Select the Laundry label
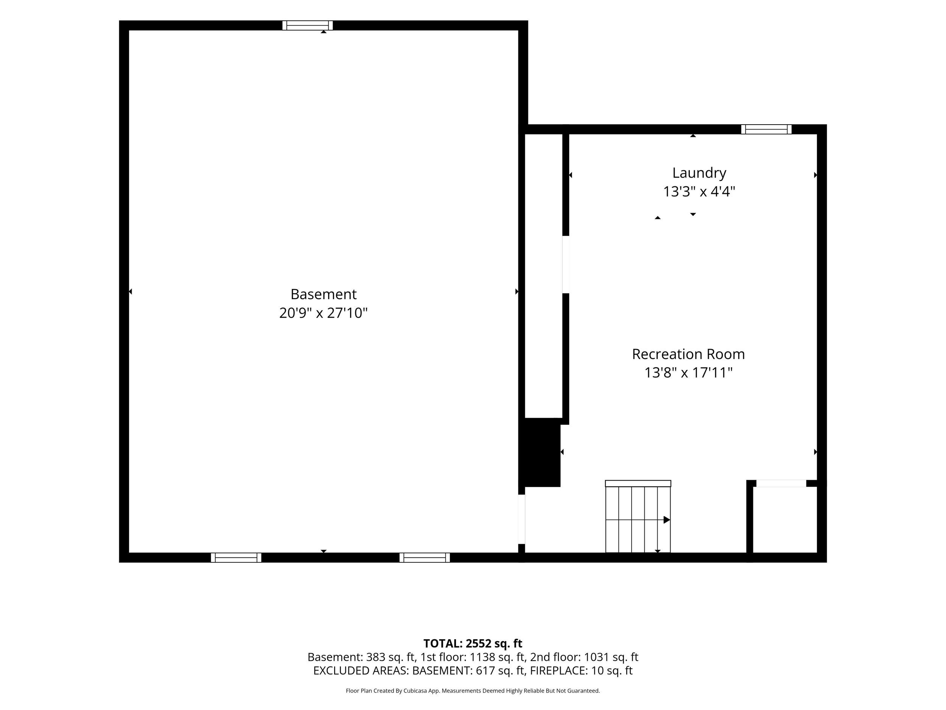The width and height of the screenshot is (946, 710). point(699,173)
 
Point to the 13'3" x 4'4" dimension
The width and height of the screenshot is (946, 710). point(699,191)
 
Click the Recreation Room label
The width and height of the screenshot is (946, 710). point(689,354)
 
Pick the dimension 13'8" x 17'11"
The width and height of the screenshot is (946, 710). point(689,373)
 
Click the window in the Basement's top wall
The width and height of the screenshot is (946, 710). point(308,25)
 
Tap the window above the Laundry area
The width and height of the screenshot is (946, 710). point(766,129)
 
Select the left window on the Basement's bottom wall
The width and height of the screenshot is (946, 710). point(236,557)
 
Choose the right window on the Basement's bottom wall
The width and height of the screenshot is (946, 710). point(425,557)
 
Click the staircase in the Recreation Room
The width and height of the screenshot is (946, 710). point(638,517)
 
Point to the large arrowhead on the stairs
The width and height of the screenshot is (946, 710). point(667,520)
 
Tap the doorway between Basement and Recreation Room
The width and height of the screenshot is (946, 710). point(521,519)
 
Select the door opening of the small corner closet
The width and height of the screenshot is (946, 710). point(781,484)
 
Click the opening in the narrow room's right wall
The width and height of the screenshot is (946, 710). point(565,264)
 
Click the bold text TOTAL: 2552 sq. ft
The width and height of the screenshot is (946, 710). point(473,644)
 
